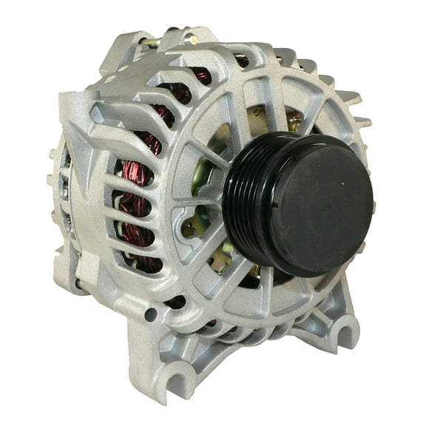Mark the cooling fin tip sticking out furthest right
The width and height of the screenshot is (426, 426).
pos(367,123)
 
